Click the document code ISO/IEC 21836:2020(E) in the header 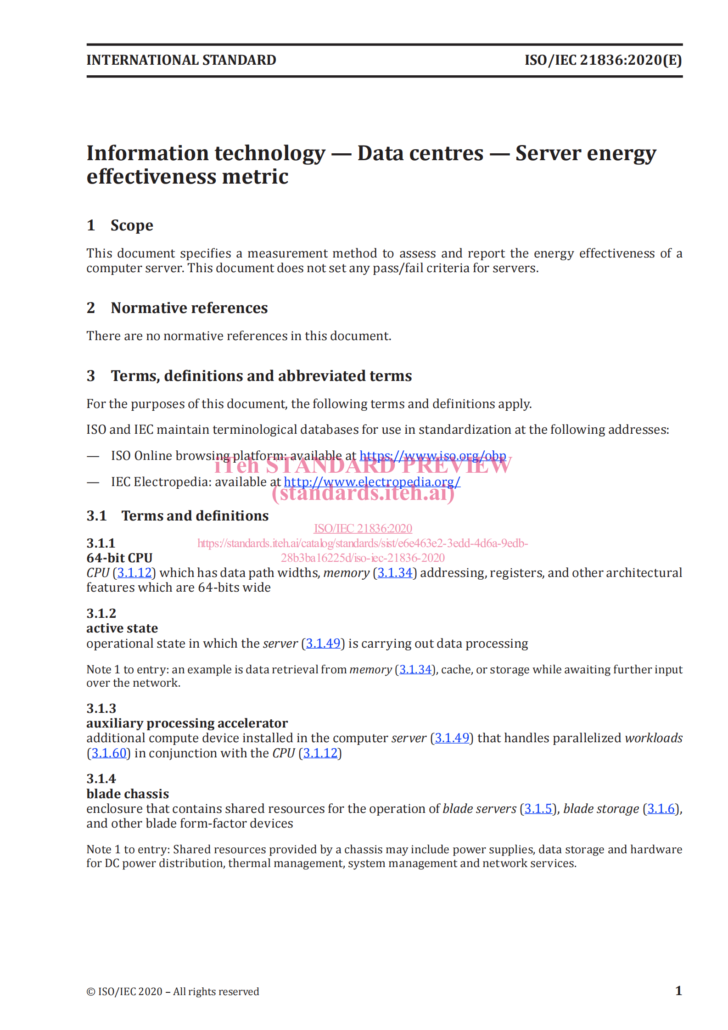coord(603,60)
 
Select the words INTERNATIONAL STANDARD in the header coord(181,60)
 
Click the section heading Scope coord(132,225)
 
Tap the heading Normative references coord(189,308)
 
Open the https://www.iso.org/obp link coord(432,456)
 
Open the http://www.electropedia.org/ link coord(372,482)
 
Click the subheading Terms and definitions coord(195,516)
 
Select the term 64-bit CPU coord(119,558)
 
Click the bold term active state coord(122,628)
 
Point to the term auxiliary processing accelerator coord(187,723)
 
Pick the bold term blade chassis coord(128,794)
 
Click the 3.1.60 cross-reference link coord(109,753)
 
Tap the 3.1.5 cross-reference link coord(538,809)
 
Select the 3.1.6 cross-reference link coord(661,809)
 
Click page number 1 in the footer coord(678,991)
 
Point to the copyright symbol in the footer coord(91,992)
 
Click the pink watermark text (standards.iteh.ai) coord(363,494)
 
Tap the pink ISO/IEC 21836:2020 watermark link coord(363,529)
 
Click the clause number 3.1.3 coord(101,709)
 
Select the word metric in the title coord(259,177)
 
